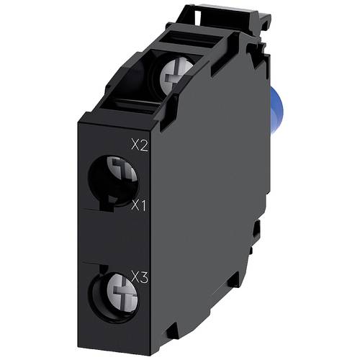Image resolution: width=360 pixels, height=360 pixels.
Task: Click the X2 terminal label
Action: click(x=140, y=145)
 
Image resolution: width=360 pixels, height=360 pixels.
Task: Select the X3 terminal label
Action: click(x=140, y=274)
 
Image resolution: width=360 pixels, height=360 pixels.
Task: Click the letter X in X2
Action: click(x=135, y=145)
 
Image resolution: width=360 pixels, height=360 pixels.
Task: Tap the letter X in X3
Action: click(x=135, y=274)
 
